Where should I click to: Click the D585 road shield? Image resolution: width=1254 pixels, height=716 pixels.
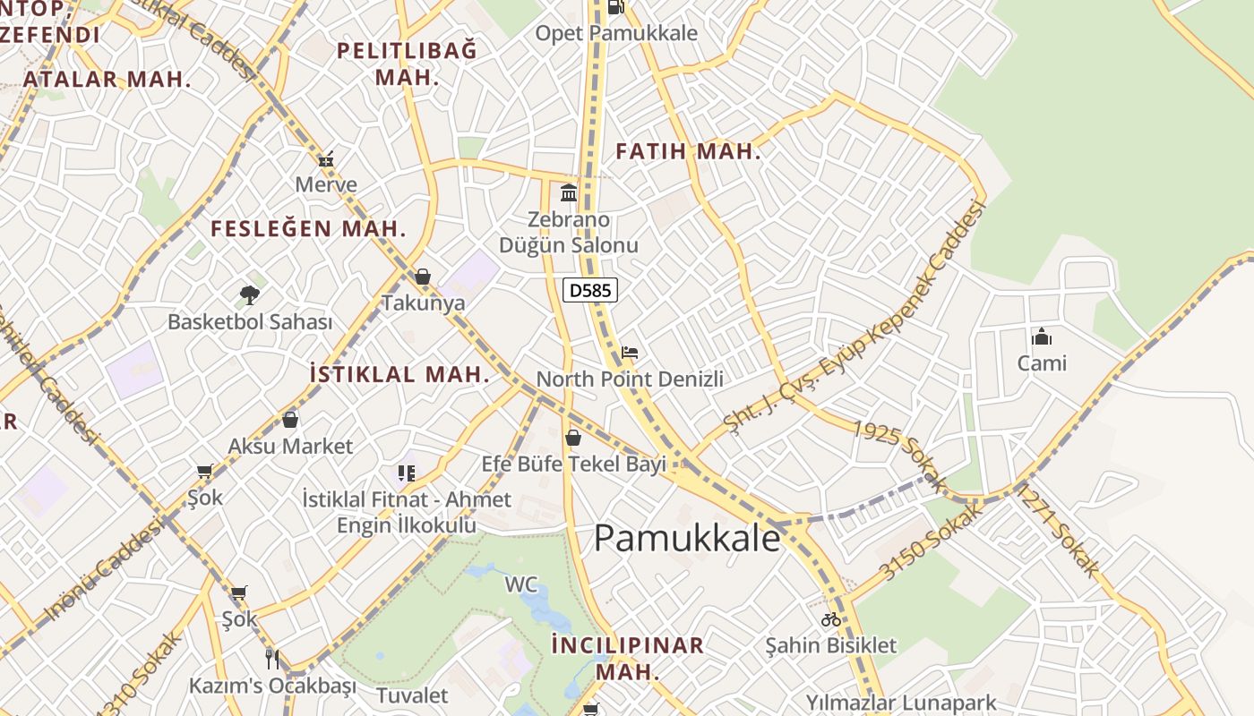(x=590, y=290)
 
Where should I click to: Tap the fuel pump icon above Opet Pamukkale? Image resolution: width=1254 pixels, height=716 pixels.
(x=615, y=7)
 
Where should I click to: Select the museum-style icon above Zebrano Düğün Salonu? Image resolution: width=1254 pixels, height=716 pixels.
(x=569, y=192)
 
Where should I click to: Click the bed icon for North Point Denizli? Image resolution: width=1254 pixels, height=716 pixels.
(x=630, y=352)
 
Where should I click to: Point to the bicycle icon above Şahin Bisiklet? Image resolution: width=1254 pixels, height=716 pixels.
(x=831, y=618)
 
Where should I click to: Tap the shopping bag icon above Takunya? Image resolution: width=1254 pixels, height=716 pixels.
(x=423, y=277)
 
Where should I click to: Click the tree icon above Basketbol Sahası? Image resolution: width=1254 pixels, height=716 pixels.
(x=250, y=294)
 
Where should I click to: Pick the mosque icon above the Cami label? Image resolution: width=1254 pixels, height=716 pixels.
(x=1041, y=337)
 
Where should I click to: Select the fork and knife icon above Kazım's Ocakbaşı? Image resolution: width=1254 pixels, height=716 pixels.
(x=272, y=660)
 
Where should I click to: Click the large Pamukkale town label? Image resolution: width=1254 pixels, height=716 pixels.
(x=687, y=538)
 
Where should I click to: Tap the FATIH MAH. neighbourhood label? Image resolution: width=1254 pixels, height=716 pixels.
(x=688, y=151)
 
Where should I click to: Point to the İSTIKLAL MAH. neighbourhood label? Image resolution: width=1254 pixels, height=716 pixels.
(x=399, y=374)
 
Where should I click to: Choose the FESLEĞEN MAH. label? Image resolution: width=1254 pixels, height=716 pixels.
(x=308, y=228)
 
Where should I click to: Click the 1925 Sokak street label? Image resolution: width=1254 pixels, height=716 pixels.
(x=898, y=456)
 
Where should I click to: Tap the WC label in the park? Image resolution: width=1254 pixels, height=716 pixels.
(x=521, y=585)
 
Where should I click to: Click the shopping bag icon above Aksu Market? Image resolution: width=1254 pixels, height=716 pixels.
(x=290, y=419)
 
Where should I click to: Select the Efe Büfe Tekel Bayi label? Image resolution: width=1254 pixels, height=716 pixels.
(x=574, y=465)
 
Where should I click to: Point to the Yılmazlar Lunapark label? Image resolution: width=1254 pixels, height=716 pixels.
(x=901, y=702)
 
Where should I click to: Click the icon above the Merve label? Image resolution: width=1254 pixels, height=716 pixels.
(x=326, y=159)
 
